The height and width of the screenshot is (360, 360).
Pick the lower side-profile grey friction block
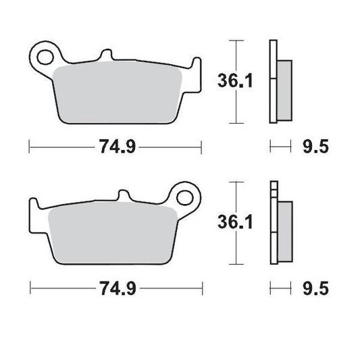pyautogui.click(x=284, y=223)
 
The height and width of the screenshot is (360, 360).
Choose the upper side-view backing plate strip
pyautogui.click(x=272, y=82)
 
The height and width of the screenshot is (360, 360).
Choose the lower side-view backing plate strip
pyautogui.click(x=272, y=224)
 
